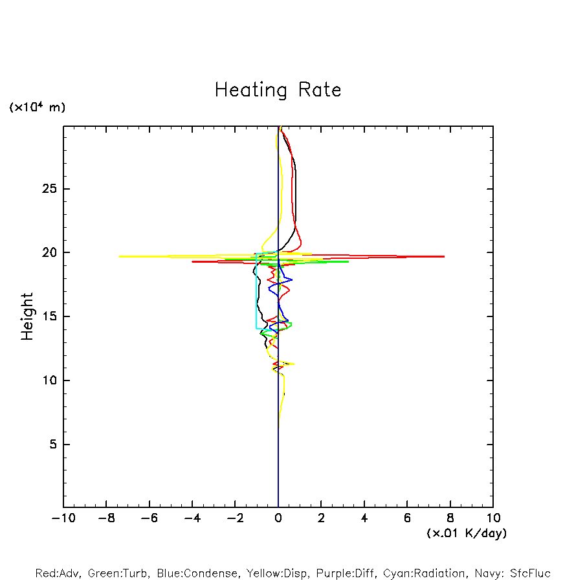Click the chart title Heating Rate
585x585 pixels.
coord(278,90)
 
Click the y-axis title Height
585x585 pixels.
coord(27,316)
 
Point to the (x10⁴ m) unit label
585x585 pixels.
coord(37,107)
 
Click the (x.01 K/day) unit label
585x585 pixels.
coord(467,533)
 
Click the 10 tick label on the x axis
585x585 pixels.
coord(493,518)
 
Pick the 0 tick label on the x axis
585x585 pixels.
coord(278,518)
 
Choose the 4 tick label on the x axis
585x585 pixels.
coord(364,518)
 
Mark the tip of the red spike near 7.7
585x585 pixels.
coord(444,257)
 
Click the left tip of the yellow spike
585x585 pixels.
coord(119,257)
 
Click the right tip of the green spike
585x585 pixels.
coord(349,261)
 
